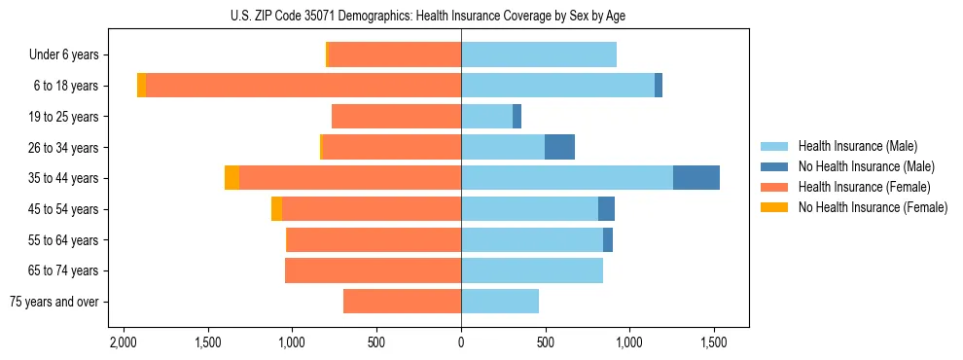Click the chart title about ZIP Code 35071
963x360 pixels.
click(x=461, y=16)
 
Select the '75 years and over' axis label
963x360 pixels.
click(x=54, y=302)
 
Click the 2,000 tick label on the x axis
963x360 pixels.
click(x=124, y=343)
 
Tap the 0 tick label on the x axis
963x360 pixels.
click(x=461, y=343)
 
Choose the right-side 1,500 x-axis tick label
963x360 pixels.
click(x=714, y=343)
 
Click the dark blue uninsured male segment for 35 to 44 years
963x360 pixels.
click(x=696, y=178)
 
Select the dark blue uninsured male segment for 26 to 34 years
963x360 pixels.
click(x=559, y=147)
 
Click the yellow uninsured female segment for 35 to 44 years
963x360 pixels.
click(x=232, y=178)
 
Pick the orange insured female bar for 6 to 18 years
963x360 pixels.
click(x=303, y=86)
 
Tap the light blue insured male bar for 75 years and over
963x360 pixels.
click(x=500, y=302)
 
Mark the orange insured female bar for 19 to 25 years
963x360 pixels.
click(x=396, y=117)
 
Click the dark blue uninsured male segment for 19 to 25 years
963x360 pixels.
click(x=517, y=117)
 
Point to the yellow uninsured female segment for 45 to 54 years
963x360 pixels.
click(x=276, y=209)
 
